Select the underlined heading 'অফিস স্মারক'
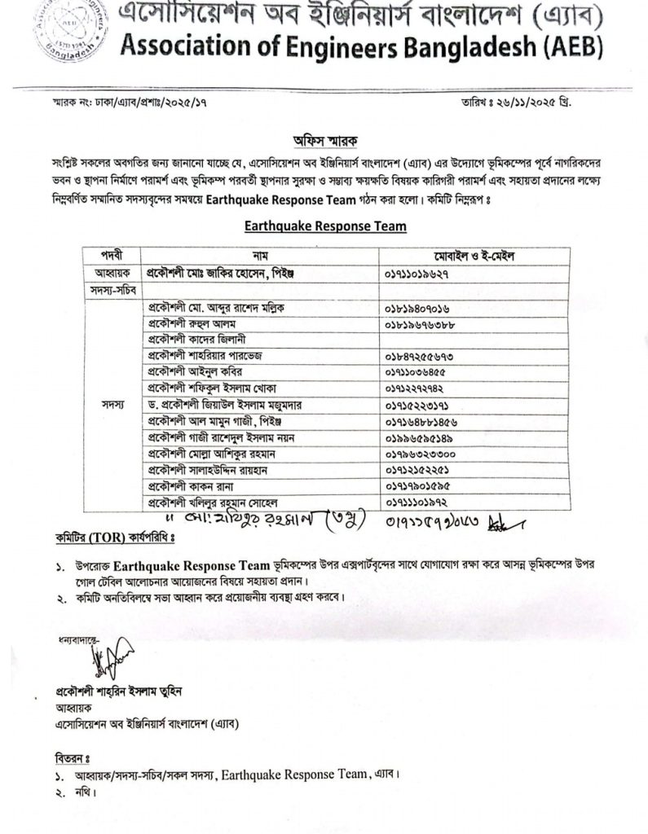pos(325,138)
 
